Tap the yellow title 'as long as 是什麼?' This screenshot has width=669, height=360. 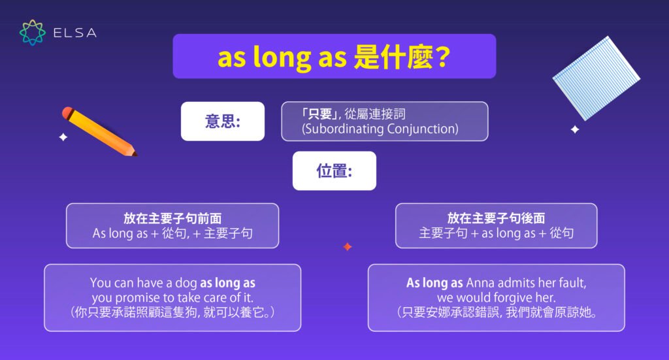click(334, 57)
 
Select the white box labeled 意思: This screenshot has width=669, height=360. click(222, 122)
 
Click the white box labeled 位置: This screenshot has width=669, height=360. click(334, 171)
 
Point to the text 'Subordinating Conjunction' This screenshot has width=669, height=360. click(381, 129)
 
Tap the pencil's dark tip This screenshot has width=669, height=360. click(134, 154)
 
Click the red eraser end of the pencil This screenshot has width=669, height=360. click(67, 113)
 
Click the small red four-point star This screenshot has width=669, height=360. click(348, 247)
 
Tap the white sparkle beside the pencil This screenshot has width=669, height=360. click(63, 137)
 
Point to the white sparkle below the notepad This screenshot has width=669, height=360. click(575, 129)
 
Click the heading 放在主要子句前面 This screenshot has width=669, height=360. click(172, 218)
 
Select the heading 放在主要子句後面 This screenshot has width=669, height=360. click(496, 218)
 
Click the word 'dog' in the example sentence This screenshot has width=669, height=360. click(186, 284)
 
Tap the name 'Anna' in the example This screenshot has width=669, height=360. click(480, 284)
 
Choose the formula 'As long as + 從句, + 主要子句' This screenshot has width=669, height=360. click(172, 233)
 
